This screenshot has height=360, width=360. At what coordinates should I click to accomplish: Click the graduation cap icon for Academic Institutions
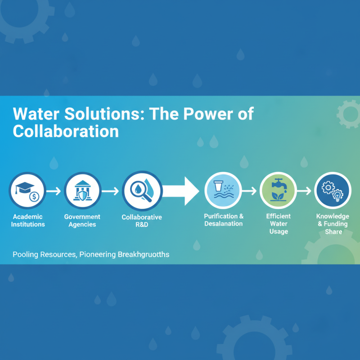click(x=27, y=190)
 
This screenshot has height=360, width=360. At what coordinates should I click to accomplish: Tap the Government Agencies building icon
click(x=82, y=190)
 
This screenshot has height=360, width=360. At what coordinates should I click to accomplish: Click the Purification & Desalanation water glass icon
click(x=223, y=190)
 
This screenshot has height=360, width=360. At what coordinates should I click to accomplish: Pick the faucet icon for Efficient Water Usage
click(x=278, y=190)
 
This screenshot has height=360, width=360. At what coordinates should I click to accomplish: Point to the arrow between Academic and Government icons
click(x=54, y=191)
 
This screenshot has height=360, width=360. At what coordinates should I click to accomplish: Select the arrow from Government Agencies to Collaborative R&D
click(x=111, y=191)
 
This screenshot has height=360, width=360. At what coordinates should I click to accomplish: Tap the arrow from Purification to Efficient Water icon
click(x=250, y=191)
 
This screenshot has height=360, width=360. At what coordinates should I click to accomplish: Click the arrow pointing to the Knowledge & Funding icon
click(x=305, y=191)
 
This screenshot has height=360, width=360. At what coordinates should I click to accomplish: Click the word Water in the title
click(x=36, y=114)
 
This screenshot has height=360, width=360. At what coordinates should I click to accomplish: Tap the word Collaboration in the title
click(x=66, y=131)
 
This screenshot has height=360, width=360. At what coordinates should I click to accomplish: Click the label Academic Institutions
click(x=28, y=220)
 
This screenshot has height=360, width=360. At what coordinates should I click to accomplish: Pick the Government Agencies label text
click(x=82, y=220)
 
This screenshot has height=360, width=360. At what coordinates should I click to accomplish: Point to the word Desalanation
click(x=223, y=224)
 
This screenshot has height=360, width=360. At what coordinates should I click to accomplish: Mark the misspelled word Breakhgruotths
click(x=144, y=255)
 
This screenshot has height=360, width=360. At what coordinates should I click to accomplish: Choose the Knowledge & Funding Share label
click(x=333, y=224)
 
